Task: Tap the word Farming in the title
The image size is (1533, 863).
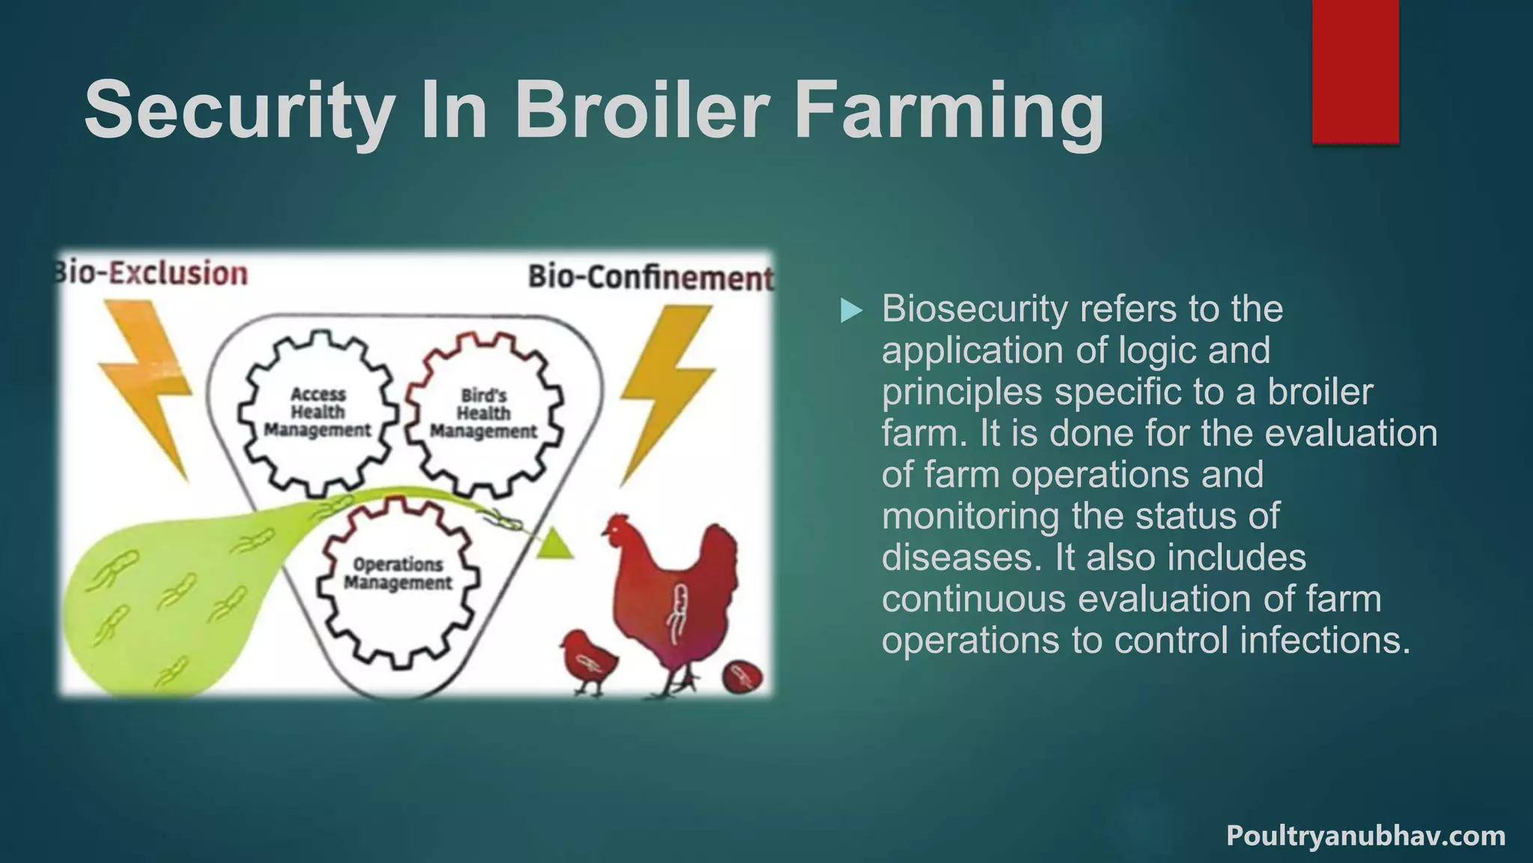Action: pyautogui.click(x=948, y=112)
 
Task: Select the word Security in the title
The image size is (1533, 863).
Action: pyautogui.click(x=239, y=112)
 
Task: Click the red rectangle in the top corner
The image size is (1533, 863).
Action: pyautogui.click(x=1355, y=71)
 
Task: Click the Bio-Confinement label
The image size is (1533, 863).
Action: pyautogui.click(x=650, y=278)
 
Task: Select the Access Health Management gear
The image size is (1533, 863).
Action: pyautogui.click(x=317, y=412)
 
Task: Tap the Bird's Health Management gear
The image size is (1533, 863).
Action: pyautogui.click(x=484, y=414)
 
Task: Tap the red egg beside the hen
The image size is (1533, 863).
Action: pyautogui.click(x=743, y=677)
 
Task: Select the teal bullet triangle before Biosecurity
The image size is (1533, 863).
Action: pyautogui.click(x=851, y=310)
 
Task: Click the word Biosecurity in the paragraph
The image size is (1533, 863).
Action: pyautogui.click(x=974, y=309)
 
